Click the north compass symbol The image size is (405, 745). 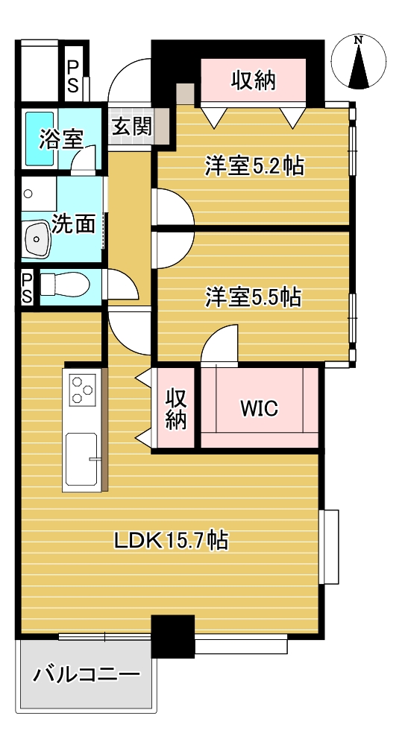(358, 63)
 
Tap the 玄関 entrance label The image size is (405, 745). (132, 127)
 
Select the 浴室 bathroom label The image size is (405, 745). (61, 139)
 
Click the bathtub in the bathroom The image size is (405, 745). (40, 139)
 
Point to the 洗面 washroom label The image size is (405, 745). (73, 223)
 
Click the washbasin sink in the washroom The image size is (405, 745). (37, 240)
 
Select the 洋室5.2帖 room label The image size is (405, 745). (254, 166)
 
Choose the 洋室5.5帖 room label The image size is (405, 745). (253, 297)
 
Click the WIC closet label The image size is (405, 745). (259, 408)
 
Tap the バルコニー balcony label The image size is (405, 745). (87, 674)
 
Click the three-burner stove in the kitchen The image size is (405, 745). (82, 390)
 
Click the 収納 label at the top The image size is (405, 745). (254, 80)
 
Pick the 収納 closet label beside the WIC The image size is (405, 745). (175, 408)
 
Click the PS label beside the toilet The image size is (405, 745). (27, 288)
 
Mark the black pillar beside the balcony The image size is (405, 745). (173, 636)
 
